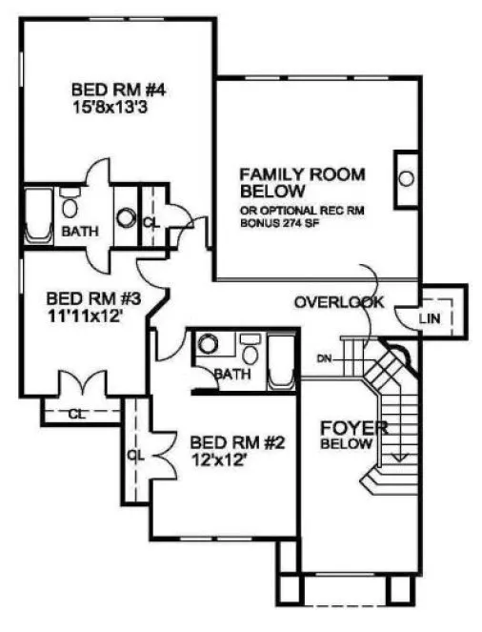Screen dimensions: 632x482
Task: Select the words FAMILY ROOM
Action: (x=302, y=174)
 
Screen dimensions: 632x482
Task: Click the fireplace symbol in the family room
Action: (x=405, y=177)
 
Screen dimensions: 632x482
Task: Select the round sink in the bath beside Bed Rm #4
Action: (x=127, y=217)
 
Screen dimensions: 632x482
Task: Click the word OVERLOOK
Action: (x=338, y=303)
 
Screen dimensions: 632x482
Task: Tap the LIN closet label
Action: (x=430, y=318)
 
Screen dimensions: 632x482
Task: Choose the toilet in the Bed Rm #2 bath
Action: (x=251, y=344)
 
